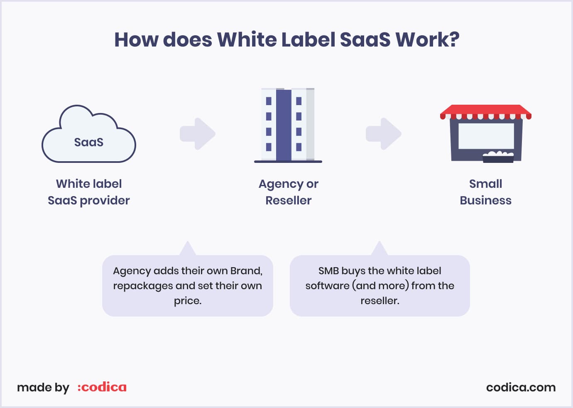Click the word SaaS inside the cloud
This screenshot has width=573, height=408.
coord(89,142)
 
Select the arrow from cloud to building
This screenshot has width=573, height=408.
coord(198,134)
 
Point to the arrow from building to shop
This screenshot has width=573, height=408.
coord(383,134)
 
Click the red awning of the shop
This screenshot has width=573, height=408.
coord(486,112)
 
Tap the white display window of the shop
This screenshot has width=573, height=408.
coord(486,136)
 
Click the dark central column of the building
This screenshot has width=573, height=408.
coord(284,125)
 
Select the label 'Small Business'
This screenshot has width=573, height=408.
coord(485,192)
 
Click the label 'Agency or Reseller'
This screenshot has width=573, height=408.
coord(289,192)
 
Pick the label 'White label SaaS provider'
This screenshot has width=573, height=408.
coord(89,192)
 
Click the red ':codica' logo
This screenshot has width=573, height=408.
coord(102,387)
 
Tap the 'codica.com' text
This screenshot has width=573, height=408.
coord(521,388)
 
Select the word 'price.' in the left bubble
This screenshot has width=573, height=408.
coord(188,301)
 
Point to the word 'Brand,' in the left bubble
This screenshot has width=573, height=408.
coord(246,271)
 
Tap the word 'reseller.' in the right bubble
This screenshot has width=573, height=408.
coord(380,301)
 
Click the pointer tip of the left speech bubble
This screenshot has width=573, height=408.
coord(188,241)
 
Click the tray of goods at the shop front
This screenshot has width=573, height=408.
coord(498,157)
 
